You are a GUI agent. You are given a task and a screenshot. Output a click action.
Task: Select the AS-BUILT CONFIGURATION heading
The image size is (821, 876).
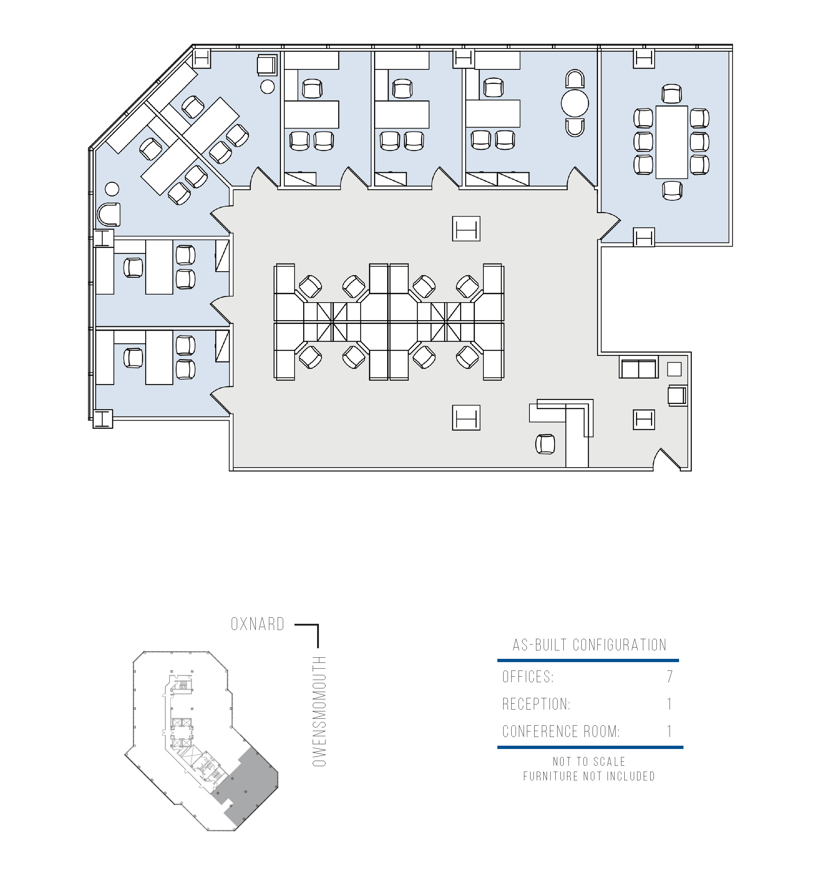coord(589,645)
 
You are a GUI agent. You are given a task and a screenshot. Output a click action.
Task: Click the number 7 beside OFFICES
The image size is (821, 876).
coord(670,676)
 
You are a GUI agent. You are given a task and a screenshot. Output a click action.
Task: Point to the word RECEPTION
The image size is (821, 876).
coord(536,704)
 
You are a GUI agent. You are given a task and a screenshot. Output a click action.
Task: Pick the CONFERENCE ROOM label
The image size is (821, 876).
coord(561,731)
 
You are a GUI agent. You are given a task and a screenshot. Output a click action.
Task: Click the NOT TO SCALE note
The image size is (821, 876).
coord(589,761)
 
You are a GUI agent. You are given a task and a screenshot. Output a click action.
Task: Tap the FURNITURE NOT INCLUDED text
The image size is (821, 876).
coord(589,776)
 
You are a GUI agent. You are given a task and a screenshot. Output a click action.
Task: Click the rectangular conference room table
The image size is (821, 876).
coord(672,142)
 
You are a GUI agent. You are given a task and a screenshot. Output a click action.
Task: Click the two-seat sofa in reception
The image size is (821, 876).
coord(639,367)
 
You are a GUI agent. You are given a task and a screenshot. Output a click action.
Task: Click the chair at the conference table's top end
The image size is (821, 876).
coord(672,94)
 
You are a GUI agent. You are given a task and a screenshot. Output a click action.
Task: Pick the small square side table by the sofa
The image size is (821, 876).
coord(674,369)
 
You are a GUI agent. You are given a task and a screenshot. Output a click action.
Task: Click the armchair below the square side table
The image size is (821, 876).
coord(677,395)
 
